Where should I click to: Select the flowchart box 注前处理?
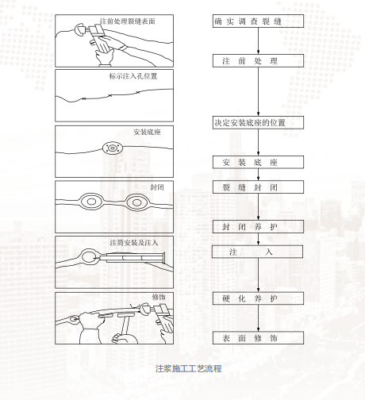click(247, 60)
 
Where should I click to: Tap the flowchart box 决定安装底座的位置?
click(247, 123)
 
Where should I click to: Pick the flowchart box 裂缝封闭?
click(247, 188)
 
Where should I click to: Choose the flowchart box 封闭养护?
click(247, 227)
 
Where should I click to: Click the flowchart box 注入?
click(247, 251)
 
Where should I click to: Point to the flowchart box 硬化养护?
click(247, 298)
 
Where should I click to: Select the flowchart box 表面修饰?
click(247, 338)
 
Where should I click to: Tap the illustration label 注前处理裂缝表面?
click(133, 20)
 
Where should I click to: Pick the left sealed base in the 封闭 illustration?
click(90, 202)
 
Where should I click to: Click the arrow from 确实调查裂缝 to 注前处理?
click(247, 41)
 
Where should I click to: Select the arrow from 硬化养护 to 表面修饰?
click(247, 318)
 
